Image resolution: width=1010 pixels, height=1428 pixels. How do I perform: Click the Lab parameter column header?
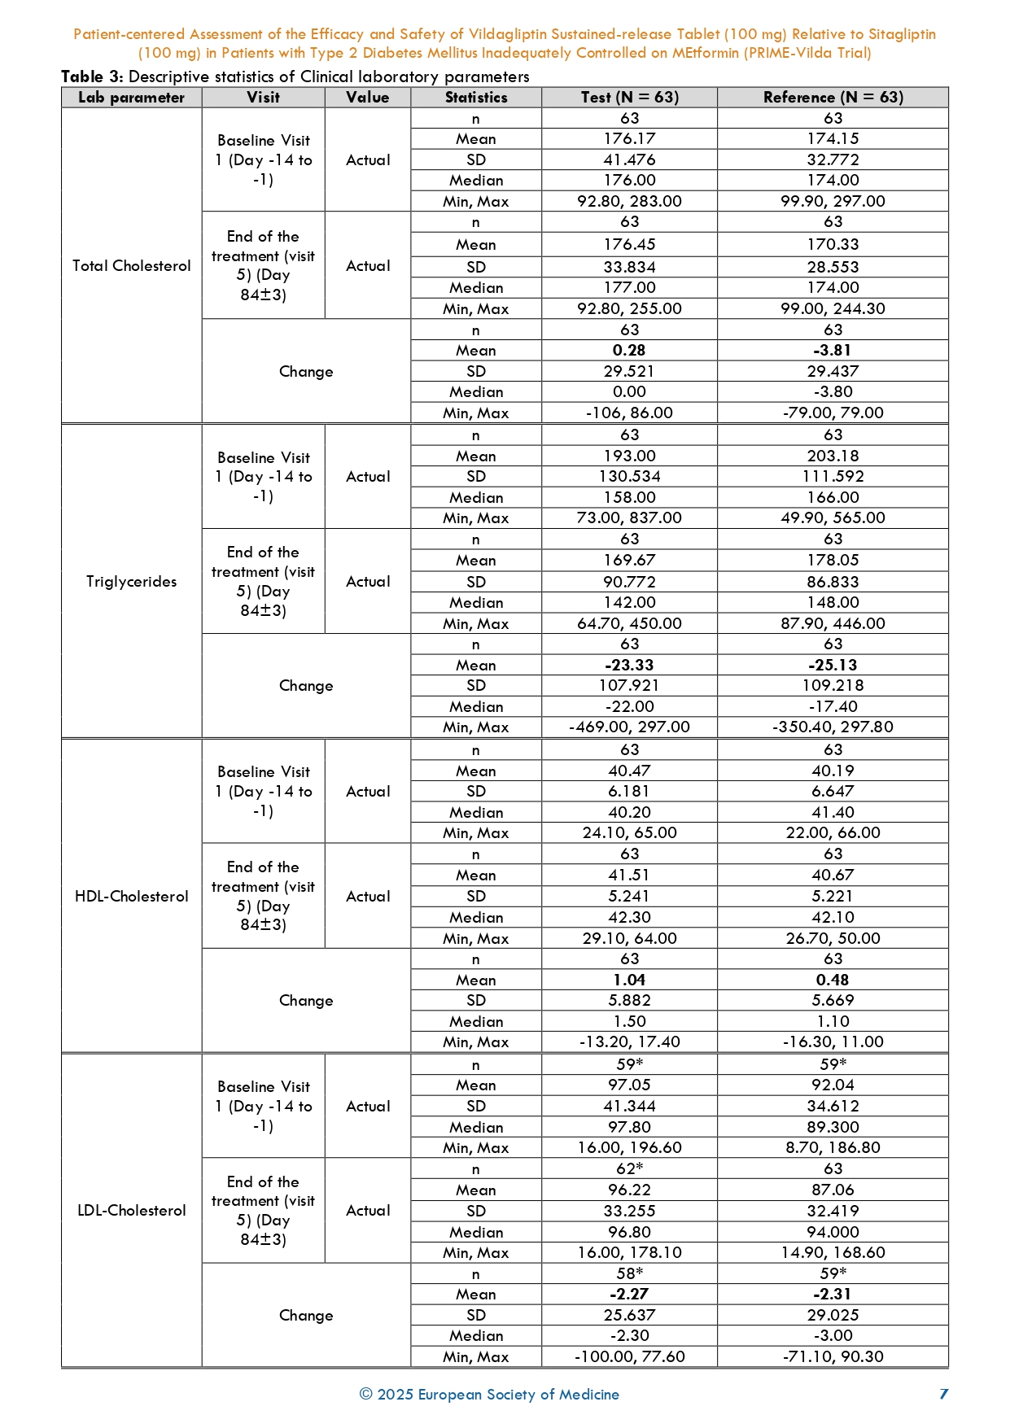coord(131,98)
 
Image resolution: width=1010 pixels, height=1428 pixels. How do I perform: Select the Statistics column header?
coord(476,98)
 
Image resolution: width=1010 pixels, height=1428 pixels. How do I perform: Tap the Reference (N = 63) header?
coord(833,98)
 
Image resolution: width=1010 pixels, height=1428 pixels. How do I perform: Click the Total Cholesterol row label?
coord(131,266)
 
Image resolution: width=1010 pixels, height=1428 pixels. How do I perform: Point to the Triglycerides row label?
coord(131,582)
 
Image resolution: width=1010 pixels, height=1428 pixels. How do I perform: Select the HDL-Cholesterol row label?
coord(131,897)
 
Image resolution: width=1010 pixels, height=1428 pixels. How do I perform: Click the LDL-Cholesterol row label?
coord(131,1211)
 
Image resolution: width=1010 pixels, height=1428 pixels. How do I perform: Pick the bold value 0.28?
coord(629,351)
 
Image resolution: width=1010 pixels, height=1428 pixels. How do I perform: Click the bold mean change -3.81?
coord(833,351)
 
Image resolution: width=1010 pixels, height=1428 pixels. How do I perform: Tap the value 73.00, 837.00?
coord(629,518)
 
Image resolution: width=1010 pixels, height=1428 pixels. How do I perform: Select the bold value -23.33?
coord(629,666)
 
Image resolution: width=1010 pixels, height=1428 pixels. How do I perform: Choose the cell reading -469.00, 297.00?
coord(629,727)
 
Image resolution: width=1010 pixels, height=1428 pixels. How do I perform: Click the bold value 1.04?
coord(629,980)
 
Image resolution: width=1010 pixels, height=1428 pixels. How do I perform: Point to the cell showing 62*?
coord(629,1169)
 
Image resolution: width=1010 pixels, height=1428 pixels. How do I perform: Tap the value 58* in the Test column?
coord(629,1274)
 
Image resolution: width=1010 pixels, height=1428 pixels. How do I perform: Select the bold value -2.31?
coord(833,1295)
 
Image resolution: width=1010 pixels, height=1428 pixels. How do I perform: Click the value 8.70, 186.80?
coord(833,1148)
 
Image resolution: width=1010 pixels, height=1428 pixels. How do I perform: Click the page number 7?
coord(944,1395)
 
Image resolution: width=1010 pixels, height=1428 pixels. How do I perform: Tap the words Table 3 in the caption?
coord(92,77)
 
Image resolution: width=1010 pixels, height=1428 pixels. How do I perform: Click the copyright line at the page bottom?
coord(489,1395)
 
